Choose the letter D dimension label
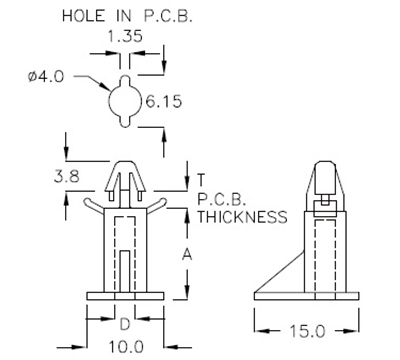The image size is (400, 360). pos(124,325)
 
